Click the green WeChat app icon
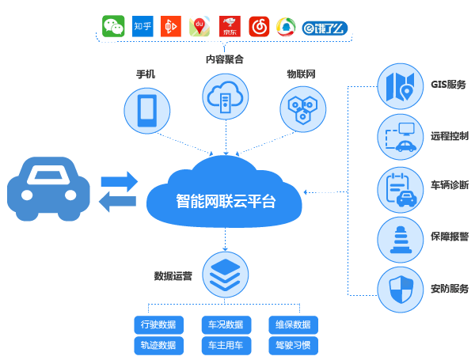coord(114,27)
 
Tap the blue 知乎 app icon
coord(142,27)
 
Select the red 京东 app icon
coord(230,27)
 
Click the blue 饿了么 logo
coord(325,28)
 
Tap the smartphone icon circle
coord(147,109)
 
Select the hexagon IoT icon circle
coord(302,109)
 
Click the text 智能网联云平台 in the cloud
coord(225,200)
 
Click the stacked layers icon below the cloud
coord(226,274)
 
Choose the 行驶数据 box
coord(158,324)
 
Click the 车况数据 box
coord(226,324)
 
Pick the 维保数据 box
coord(293,324)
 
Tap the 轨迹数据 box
coord(158,345)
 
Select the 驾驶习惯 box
coord(293,345)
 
